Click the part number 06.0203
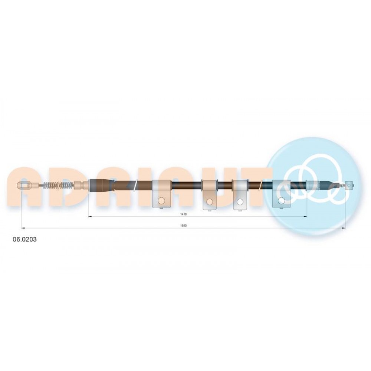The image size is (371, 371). [x=24, y=239]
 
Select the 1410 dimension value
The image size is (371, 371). [x=183, y=214]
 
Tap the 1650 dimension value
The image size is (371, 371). [x=183, y=226]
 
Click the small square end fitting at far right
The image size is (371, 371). [x=349, y=185]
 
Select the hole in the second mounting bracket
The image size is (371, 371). [x=209, y=201]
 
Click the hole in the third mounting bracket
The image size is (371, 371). [x=240, y=201]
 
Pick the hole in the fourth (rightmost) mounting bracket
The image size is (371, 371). [x=281, y=201]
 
